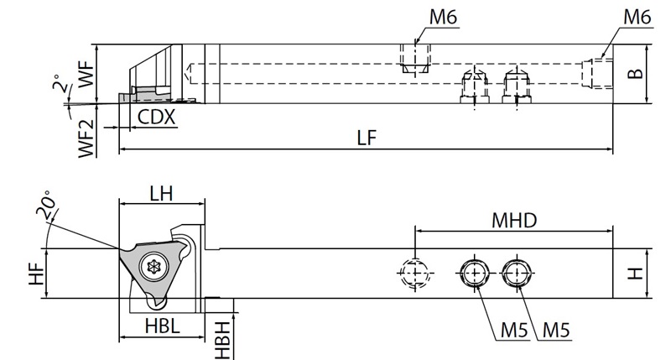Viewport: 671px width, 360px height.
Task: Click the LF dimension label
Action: tap(367, 138)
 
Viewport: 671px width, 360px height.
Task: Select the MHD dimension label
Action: tap(514, 221)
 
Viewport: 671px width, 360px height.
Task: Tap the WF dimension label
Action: tap(86, 74)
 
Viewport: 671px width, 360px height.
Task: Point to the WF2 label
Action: tap(86, 138)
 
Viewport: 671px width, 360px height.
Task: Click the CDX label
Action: tap(156, 117)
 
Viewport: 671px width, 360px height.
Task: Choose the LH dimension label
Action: tap(161, 194)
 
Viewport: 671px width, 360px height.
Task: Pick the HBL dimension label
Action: tap(162, 326)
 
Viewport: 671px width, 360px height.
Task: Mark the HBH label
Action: tap(222, 341)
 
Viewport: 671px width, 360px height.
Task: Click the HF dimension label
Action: tap(37, 274)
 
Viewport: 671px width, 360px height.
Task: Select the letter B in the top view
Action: tap(636, 74)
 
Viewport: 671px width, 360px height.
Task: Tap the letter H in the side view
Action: tap(636, 273)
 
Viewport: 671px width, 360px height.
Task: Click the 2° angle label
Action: tap(60, 83)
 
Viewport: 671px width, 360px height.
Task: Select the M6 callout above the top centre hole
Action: tap(444, 17)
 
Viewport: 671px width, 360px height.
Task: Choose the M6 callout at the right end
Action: tap(637, 17)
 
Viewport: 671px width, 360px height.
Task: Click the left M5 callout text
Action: tap(514, 331)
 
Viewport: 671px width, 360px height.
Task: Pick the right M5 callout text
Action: tap(556, 331)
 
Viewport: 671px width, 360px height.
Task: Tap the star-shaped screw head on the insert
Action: tap(153, 267)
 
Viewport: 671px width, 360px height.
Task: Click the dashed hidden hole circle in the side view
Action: tap(414, 273)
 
